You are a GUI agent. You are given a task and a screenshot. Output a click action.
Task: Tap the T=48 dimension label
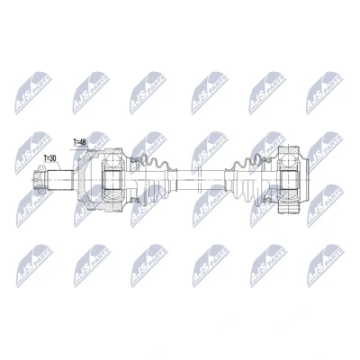[80, 142]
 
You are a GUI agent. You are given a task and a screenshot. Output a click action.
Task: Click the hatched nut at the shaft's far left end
[39, 180]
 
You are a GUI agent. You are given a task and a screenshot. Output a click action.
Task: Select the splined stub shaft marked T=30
[60, 180]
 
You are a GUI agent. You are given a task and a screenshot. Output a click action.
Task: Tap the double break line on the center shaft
[199, 180]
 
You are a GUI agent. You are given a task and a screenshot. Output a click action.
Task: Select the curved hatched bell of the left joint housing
[85, 180]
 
